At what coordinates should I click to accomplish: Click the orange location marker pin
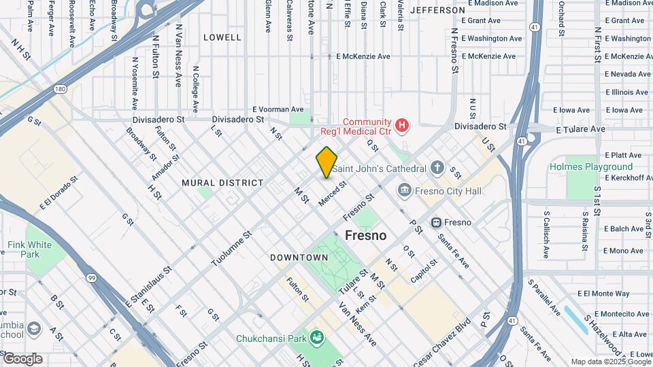click(x=326, y=162)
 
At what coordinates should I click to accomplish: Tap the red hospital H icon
click(x=403, y=124)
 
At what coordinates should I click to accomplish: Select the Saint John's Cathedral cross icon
click(x=437, y=167)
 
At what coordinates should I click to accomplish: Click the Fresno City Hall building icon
click(x=405, y=191)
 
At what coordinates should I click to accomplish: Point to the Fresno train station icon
click(x=437, y=222)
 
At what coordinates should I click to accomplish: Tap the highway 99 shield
click(x=90, y=277)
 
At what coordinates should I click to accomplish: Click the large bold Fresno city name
click(x=366, y=236)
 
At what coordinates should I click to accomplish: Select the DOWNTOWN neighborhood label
click(x=299, y=258)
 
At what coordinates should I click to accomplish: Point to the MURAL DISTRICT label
click(x=222, y=183)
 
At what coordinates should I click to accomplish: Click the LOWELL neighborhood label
click(x=222, y=37)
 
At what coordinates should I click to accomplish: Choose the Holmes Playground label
click(x=591, y=167)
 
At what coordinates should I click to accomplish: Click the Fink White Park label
click(x=29, y=249)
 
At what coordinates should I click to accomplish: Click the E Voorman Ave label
click(x=278, y=109)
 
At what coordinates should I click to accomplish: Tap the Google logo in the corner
click(x=22, y=359)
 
